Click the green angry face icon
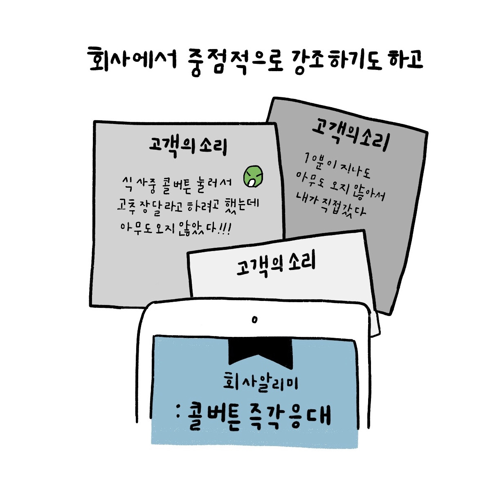[254, 177]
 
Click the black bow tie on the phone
[261, 351]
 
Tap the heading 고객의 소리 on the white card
[276, 265]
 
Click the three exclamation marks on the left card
[224, 228]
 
